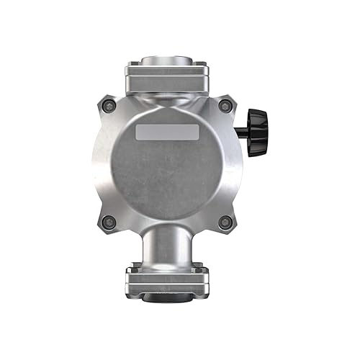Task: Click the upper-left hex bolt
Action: [x=110, y=107]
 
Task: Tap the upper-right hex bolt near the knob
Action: [x=225, y=107]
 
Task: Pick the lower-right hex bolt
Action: [x=225, y=221]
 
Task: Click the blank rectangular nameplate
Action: [x=168, y=132]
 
